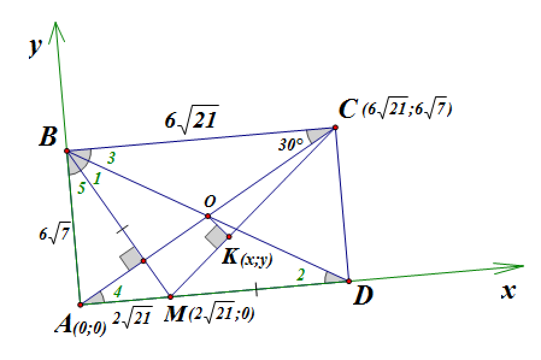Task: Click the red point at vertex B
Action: coord(67,151)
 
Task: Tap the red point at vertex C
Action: coord(335,128)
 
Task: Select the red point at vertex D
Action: coord(349,281)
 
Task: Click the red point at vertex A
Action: coord(80,305)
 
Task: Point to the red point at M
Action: coord(170,297)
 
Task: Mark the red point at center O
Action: coord(208,216)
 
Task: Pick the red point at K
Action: coord(229,237)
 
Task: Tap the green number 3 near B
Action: coord(111,158)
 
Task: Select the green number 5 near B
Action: coord(82,188)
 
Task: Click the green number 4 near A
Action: coord(117,292)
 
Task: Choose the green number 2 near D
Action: coord(301,275)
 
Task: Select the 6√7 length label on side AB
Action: coord(54,235)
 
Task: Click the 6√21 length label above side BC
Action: coord(192,119)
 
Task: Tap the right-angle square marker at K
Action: coord(216,237)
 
